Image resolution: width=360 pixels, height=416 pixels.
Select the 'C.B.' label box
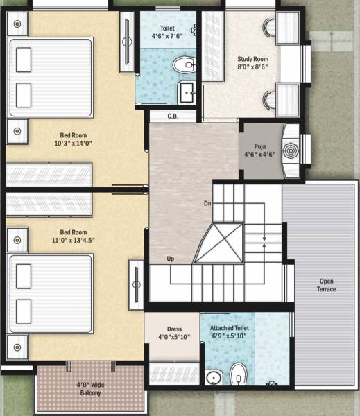173,116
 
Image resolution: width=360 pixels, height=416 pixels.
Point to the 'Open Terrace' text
326,285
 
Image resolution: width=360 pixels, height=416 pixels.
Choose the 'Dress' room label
174,329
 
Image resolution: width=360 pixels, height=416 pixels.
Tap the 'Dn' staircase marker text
207,204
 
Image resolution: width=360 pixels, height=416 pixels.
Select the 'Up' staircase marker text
171,259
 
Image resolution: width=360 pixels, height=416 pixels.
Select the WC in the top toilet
184,66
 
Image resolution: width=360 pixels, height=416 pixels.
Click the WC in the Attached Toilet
238,373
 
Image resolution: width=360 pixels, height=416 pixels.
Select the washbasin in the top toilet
187,92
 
